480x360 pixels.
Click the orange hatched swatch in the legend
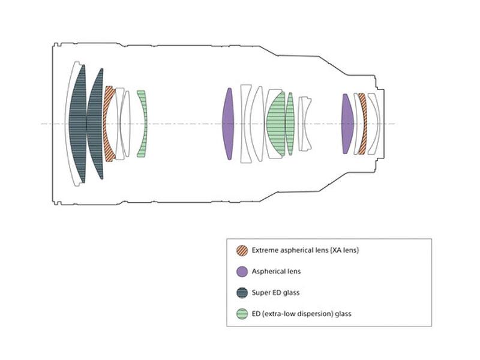pyautogui.click(x=242, y=250)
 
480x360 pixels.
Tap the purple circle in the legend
pyautogui.click(x=242, y=272)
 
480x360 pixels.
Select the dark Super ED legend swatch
pyautogui.click(x=242, y=293)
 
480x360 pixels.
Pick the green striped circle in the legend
pyautogui.click(x=242, y=314)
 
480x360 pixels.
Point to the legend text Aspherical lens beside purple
pyautogui.click(x=276, y=271)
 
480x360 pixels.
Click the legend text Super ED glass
pyautogui.click(x=275, y=292)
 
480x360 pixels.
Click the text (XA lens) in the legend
pyautogui.click(x=344, y=250)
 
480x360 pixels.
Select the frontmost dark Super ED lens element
pyautogui.click(x=78, y=124)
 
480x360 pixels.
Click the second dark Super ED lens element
pyautogui.click(x=95, y=124)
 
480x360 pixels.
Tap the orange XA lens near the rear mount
pyautogui.click(x=364, y=124)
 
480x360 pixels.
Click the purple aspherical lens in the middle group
pyautogui.click(x=228, y=124)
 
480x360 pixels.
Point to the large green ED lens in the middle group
pyautogui.click(x=276, y=124)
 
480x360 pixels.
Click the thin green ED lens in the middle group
pyautogui.click(x=290, y=124)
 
